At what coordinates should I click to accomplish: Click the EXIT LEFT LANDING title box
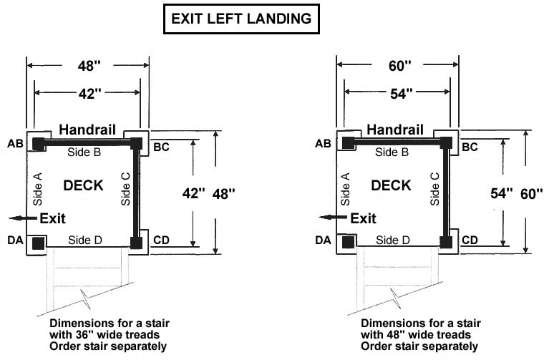241,19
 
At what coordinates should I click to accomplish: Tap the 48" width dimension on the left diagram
89,65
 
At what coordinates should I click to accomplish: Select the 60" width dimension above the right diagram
399,65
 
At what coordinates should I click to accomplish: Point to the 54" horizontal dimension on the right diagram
401,93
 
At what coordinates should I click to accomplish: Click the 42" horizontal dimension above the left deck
89,93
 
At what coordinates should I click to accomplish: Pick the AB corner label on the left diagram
15,143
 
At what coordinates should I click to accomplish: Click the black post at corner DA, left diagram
39,243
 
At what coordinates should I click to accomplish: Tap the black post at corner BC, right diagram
446,143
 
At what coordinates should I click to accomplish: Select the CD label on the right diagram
470,240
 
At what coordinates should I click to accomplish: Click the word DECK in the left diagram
83,185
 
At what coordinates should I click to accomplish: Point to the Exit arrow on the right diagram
333,218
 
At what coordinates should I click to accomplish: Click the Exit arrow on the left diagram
23,218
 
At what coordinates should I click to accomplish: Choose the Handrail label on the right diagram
395,130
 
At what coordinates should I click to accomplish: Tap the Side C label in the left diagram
125,189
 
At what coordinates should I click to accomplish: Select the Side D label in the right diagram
393,240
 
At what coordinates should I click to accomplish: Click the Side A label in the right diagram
345,189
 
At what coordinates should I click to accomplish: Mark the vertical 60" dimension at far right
532,193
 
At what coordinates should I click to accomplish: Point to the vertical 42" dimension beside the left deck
193,193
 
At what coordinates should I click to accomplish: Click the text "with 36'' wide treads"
105,335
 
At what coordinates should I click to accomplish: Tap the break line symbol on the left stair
85,298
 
